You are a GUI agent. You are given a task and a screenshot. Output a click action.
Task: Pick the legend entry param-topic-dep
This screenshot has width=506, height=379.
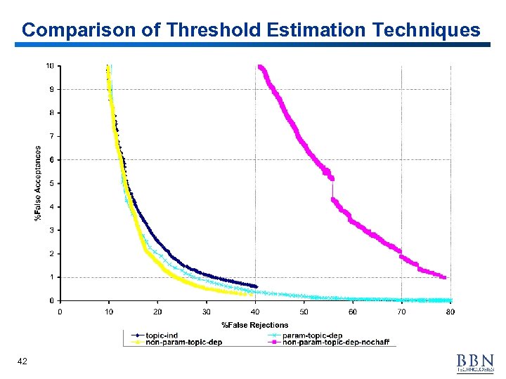(x=312, y=335)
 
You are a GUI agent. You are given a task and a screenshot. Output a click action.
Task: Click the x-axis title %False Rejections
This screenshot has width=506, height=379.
(x=255, y=324)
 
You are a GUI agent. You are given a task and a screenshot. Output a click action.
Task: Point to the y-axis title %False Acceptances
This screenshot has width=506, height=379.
(x=38, y=183)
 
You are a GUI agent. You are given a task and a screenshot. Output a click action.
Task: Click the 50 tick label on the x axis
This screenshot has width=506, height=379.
(x=304, y=312)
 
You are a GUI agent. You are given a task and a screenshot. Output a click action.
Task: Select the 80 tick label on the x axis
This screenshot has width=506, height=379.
(x=450, y=312)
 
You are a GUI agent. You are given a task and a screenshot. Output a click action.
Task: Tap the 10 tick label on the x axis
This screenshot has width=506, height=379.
(x=108, y=312)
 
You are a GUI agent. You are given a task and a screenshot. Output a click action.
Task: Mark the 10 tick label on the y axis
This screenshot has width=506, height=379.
(x=50, y=66)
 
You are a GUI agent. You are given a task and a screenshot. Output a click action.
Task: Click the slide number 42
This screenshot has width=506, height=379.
(x=22, y=361)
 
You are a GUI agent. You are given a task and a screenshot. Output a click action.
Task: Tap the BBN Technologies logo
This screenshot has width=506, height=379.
(x=475, y=363)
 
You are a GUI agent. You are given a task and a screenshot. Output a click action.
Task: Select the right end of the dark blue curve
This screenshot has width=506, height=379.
(x=256, y=286)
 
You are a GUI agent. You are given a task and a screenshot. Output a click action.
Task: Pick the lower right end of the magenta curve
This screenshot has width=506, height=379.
(x=444, y=277)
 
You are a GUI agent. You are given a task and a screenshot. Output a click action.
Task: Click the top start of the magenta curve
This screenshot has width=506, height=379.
(x=261, y=67)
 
